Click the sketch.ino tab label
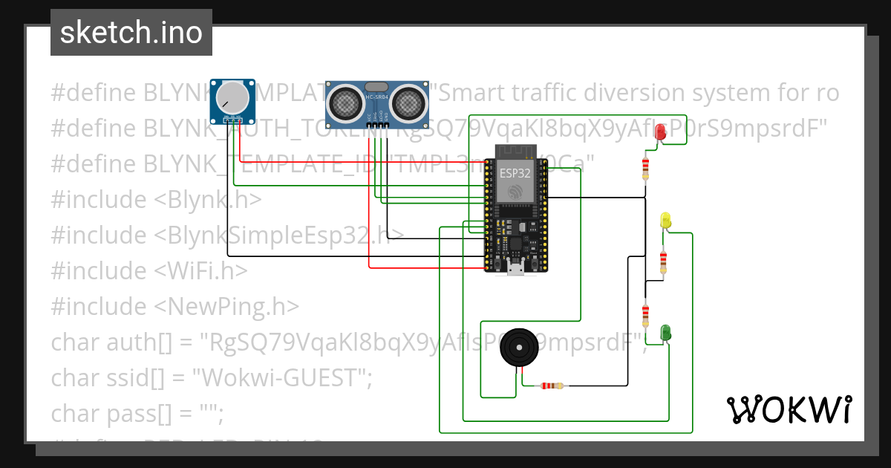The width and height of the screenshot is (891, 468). [131, 33]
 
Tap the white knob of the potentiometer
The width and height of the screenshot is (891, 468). [231, 99]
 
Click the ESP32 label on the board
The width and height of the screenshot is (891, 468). [515, 173]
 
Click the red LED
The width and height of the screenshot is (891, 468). [660, 132]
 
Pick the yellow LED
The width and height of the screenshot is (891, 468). [665, 221]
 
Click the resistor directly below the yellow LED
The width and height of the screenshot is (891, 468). [663, 261]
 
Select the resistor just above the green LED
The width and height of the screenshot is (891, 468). [645, 313]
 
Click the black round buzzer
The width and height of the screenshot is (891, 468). [518, 348]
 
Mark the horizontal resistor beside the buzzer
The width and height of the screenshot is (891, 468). [549, 386]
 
